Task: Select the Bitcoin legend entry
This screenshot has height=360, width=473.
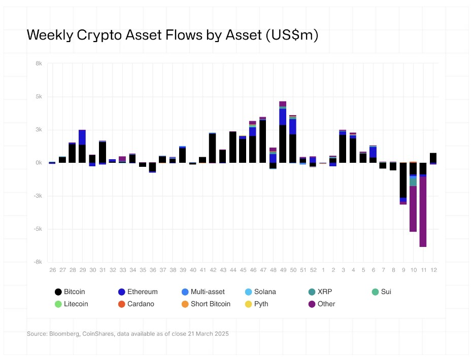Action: [70, 292]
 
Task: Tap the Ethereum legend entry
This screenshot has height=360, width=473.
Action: [137, 292]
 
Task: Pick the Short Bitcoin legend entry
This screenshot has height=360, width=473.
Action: [206, 304]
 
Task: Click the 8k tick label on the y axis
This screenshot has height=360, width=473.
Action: [39, 63]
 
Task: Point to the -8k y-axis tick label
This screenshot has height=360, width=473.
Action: [38, 262]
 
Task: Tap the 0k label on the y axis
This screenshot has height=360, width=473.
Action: [39, 163]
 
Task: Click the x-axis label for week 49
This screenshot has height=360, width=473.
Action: [283, 270]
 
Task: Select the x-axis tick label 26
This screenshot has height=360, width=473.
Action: [52, 270]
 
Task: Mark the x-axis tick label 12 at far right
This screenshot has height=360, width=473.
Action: [433, 270]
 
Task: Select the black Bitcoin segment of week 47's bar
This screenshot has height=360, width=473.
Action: [263, 142]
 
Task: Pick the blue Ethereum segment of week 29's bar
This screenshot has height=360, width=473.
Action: [82, 137]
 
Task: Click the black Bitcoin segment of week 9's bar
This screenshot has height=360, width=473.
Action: [403, 180]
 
